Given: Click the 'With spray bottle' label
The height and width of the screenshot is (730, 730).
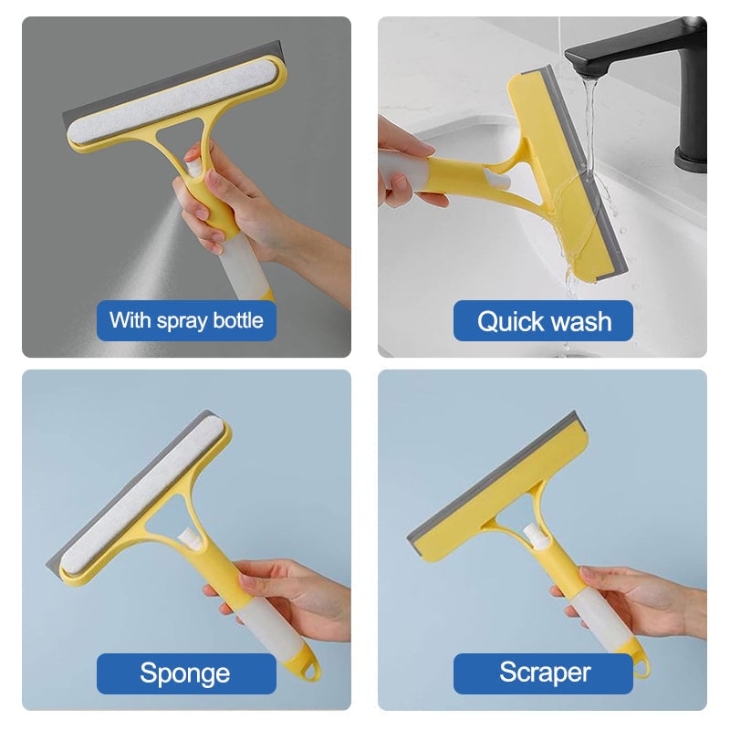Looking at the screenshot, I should (186, 320).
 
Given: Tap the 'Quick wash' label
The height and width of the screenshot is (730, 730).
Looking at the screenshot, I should (543, 321).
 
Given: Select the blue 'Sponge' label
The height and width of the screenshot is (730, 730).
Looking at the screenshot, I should (185, 673).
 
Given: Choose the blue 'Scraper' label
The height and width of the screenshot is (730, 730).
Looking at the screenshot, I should (544, 673).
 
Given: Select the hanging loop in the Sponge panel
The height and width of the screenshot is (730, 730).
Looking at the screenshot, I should (312, 671).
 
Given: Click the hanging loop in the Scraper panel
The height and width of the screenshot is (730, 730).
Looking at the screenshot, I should (641, 668).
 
